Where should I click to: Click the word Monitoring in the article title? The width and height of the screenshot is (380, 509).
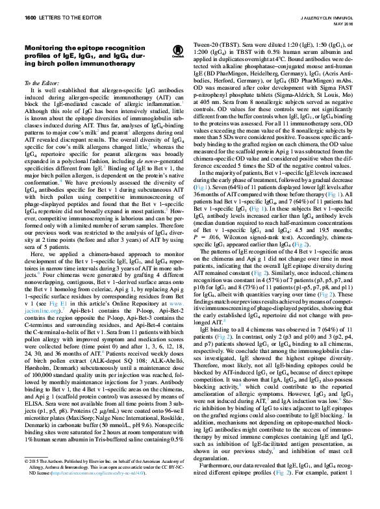click(47, 47)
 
